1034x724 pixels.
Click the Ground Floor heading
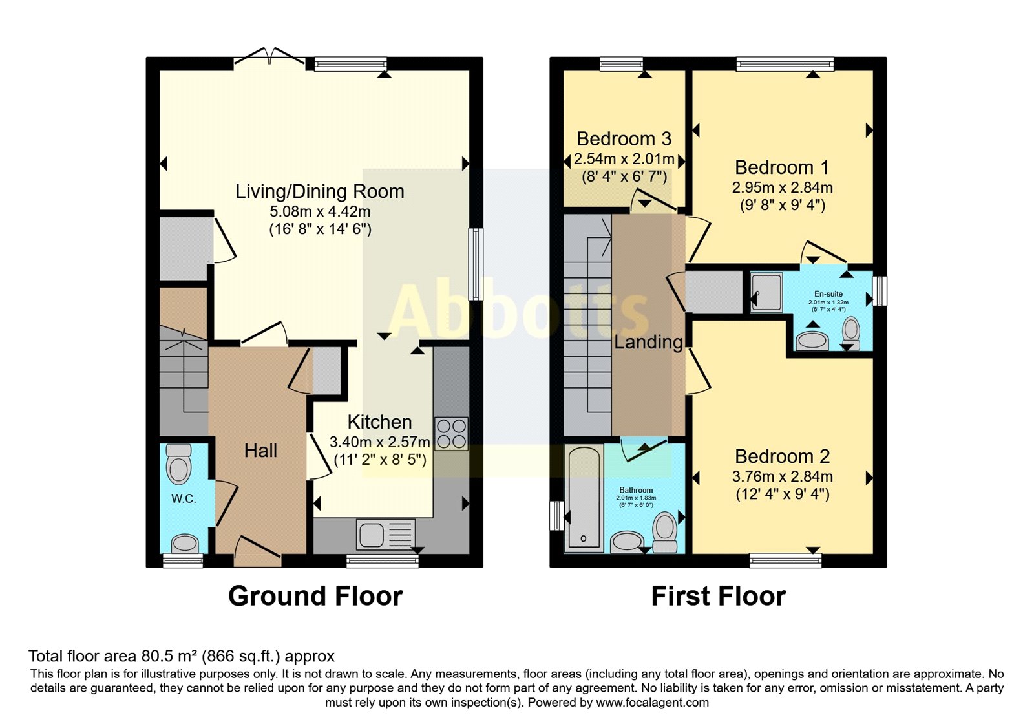coord(315,596)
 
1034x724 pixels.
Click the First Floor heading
coord(718,596)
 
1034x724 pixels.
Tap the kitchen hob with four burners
coord(451,434)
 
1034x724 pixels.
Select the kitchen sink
coord(386,535)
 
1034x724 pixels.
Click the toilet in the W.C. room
coord(178,463)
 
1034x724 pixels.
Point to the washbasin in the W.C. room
coord(185,544)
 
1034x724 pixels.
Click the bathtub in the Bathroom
coord(584,498)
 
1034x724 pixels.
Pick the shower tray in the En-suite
coord(766,292)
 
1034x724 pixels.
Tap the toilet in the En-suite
coord(851,334)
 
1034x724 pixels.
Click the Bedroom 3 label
coord(624,139)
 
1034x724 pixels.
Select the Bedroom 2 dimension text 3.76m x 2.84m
coord(783,476)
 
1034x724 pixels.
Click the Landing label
coord(648,342)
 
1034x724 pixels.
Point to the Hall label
coord(260,451)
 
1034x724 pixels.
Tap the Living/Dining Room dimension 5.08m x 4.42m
coord(320,211)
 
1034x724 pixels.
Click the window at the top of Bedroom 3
coord(621,64)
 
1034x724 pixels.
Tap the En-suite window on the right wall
coord(880,291)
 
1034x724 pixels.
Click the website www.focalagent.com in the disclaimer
coord(652,703)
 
